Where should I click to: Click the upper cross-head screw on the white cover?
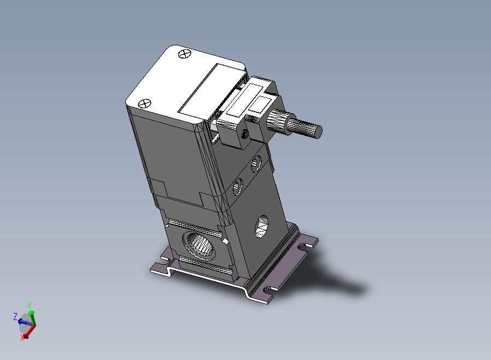point(184,54)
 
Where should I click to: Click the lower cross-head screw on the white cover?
point(144,103)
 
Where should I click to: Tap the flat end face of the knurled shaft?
point(318,132)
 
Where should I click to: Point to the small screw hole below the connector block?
point(245,135)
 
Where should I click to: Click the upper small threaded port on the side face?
point(255,164)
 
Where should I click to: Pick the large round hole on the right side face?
point(261,226)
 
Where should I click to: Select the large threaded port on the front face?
point(198,245)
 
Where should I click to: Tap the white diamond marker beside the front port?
point(225,241)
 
